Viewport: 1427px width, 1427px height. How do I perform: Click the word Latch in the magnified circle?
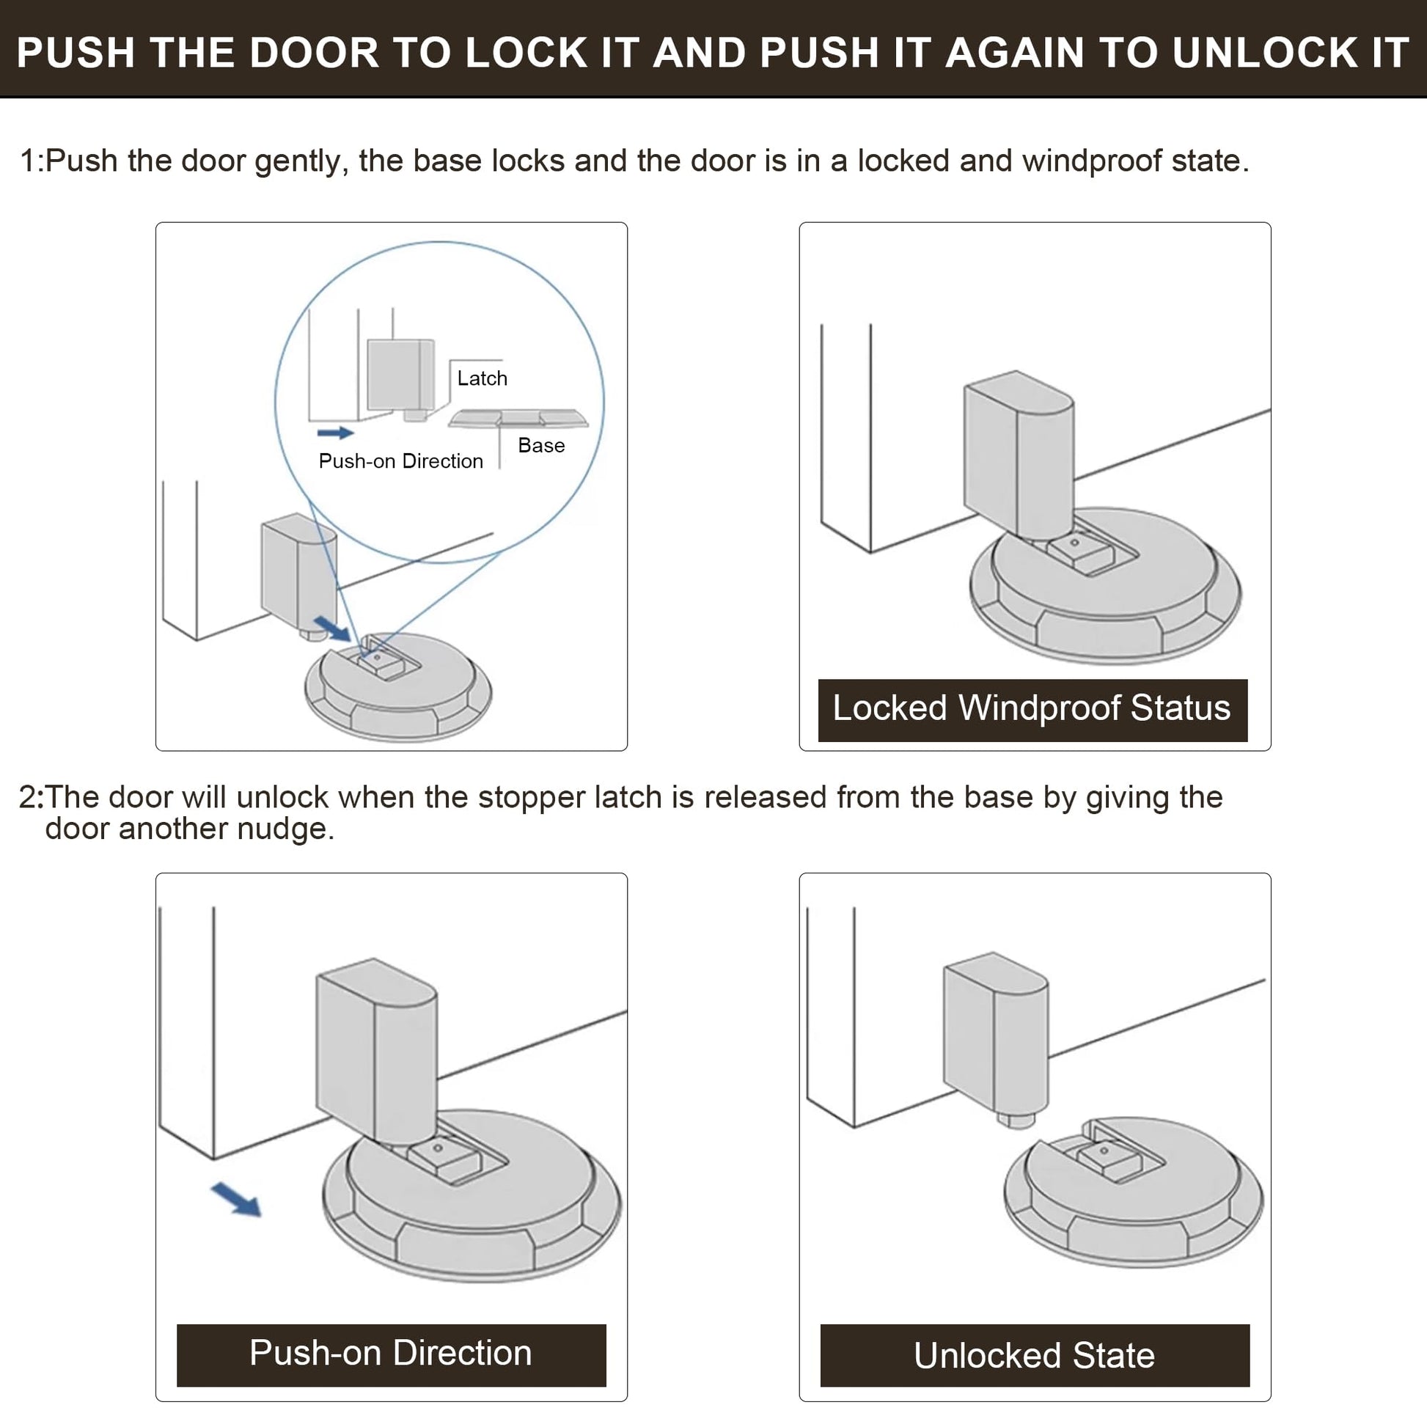pyautogui.click(x=482, y=378)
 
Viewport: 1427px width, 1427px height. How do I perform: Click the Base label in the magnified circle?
pyautogui.click(x=540, y=445)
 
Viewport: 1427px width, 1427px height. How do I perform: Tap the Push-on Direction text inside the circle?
pyautogui.click(x=400, y=461)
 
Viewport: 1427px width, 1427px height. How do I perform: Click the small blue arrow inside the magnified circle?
pyautogui.click(x=335, y=433)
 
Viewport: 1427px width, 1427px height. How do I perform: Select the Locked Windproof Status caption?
pyautogui.click(x=1032, y=708)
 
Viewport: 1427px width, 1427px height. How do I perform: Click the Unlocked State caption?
pyautogui.click(x=1034, y=1356)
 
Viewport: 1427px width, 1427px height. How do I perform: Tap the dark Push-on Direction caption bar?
pyautogui.click(x=391, y=1353)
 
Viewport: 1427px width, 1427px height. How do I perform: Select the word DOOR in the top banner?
pyautogui.click(x=313, y=54)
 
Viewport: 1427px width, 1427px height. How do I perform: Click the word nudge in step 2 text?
pyautogui.click(x=285, y=829)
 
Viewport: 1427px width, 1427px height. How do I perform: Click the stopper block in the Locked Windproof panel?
pyautogui.click(x=1019, y=454)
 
